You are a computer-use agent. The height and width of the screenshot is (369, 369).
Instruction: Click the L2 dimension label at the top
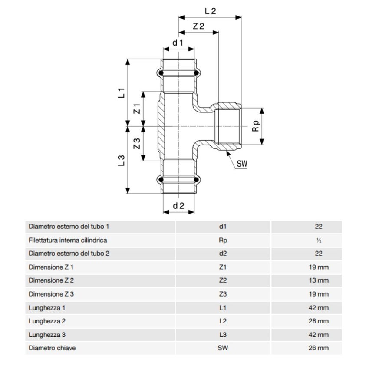point(210,11)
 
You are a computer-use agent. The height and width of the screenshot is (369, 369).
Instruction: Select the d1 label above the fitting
point(178,43)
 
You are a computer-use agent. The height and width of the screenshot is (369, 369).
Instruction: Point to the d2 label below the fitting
point(178,206)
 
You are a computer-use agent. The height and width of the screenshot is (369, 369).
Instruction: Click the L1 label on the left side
point(122,92)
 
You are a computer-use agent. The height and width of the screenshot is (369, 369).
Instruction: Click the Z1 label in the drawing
point(137,109)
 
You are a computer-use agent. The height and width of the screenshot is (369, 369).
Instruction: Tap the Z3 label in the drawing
point(137,144)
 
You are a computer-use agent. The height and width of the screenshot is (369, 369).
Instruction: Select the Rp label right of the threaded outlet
point(256,126)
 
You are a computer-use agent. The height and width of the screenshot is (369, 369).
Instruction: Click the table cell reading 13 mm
point(319,280)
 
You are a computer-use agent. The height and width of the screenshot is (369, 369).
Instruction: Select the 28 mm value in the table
point(319,321)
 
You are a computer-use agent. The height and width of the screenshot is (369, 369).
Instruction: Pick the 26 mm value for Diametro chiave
point(319,348)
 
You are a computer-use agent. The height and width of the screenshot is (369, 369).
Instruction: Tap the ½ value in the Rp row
point(319,240)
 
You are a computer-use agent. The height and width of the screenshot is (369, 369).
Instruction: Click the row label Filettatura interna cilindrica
point(68,240)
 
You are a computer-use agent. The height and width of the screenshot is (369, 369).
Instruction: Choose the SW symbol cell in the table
point(223,348)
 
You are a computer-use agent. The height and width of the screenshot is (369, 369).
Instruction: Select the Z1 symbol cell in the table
point(223,267)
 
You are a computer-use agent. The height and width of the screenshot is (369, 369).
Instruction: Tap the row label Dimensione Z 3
point(51,294)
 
